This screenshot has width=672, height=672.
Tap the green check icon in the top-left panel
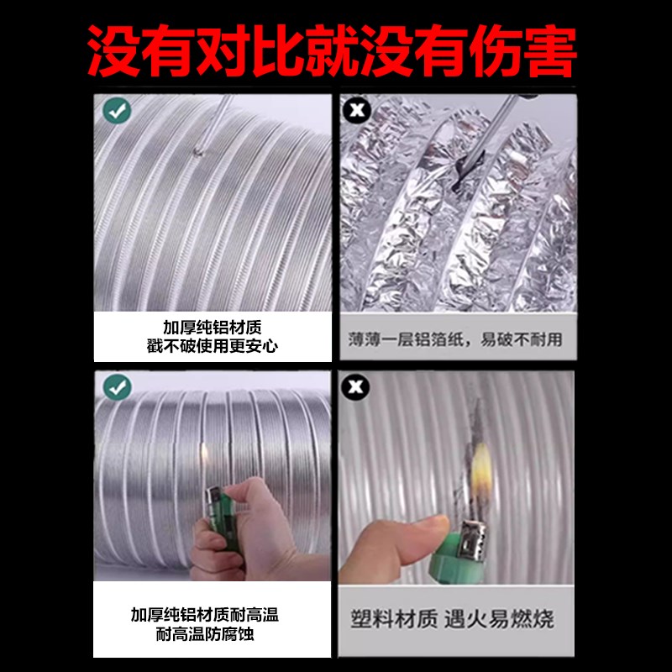(116, 110)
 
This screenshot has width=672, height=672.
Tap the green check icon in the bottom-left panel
(116, 387)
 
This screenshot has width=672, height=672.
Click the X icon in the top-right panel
(358, 110)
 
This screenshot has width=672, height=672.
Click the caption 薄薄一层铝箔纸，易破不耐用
(456, 340)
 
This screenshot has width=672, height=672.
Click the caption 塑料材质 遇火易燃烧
(453, 621)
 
